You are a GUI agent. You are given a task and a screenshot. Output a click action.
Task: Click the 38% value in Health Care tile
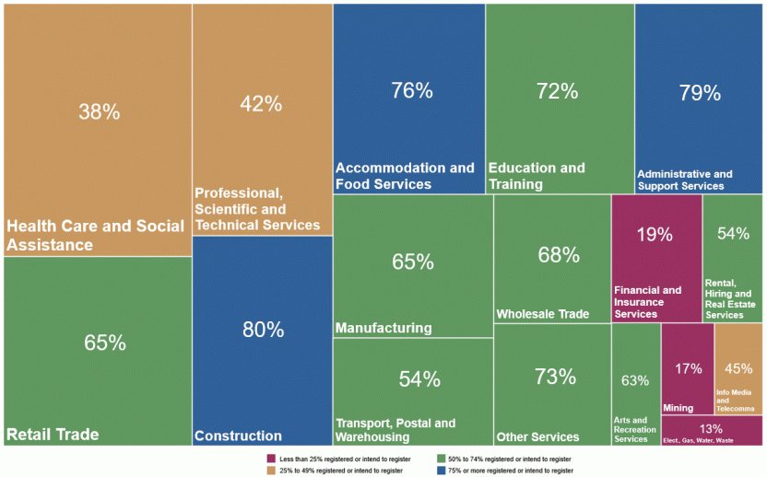99,111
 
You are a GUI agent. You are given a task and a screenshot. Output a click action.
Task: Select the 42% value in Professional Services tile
261,104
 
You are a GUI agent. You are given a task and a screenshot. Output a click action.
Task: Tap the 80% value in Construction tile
262,330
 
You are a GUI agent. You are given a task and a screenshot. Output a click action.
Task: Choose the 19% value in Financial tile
655,234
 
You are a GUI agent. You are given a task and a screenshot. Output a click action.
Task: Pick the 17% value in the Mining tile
688,368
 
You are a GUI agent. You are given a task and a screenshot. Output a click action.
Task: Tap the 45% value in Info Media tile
738,368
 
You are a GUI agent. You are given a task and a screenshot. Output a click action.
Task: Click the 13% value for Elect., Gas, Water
711,429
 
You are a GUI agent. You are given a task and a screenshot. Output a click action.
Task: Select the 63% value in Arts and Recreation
635,380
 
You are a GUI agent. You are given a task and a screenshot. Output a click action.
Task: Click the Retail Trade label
53,434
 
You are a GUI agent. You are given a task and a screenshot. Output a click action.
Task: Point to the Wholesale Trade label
542,314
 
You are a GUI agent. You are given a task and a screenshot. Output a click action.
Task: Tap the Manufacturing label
383,328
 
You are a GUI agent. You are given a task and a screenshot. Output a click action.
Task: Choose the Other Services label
537,436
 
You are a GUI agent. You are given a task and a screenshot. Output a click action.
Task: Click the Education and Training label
537,176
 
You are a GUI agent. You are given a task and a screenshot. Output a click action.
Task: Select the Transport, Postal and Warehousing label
395,429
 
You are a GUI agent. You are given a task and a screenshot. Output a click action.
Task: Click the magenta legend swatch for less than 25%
270,459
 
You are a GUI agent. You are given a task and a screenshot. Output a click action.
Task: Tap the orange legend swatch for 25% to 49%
270,471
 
